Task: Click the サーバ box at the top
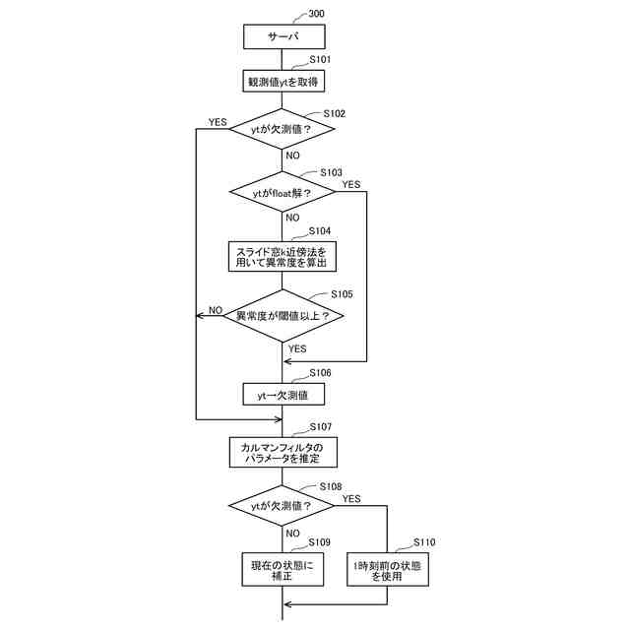[283, 36]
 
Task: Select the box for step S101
[283, 82]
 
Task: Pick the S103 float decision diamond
[283, 192]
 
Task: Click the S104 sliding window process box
[283, 257]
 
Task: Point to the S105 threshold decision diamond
[283, 316]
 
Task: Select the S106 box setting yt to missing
[283, 394]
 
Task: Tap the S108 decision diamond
[283, 506]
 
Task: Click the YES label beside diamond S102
[217, 123]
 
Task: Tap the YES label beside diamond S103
[350, 184]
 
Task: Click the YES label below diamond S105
[296, 348]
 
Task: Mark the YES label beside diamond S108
[351, 499]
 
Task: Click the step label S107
[321, 427]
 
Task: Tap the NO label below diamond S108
[293, 534]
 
